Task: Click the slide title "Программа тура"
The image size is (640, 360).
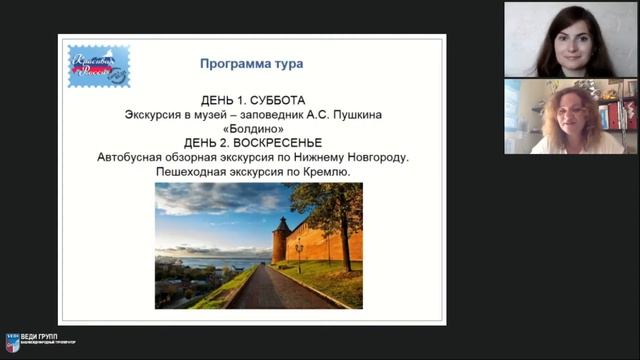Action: pos(251,65)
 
